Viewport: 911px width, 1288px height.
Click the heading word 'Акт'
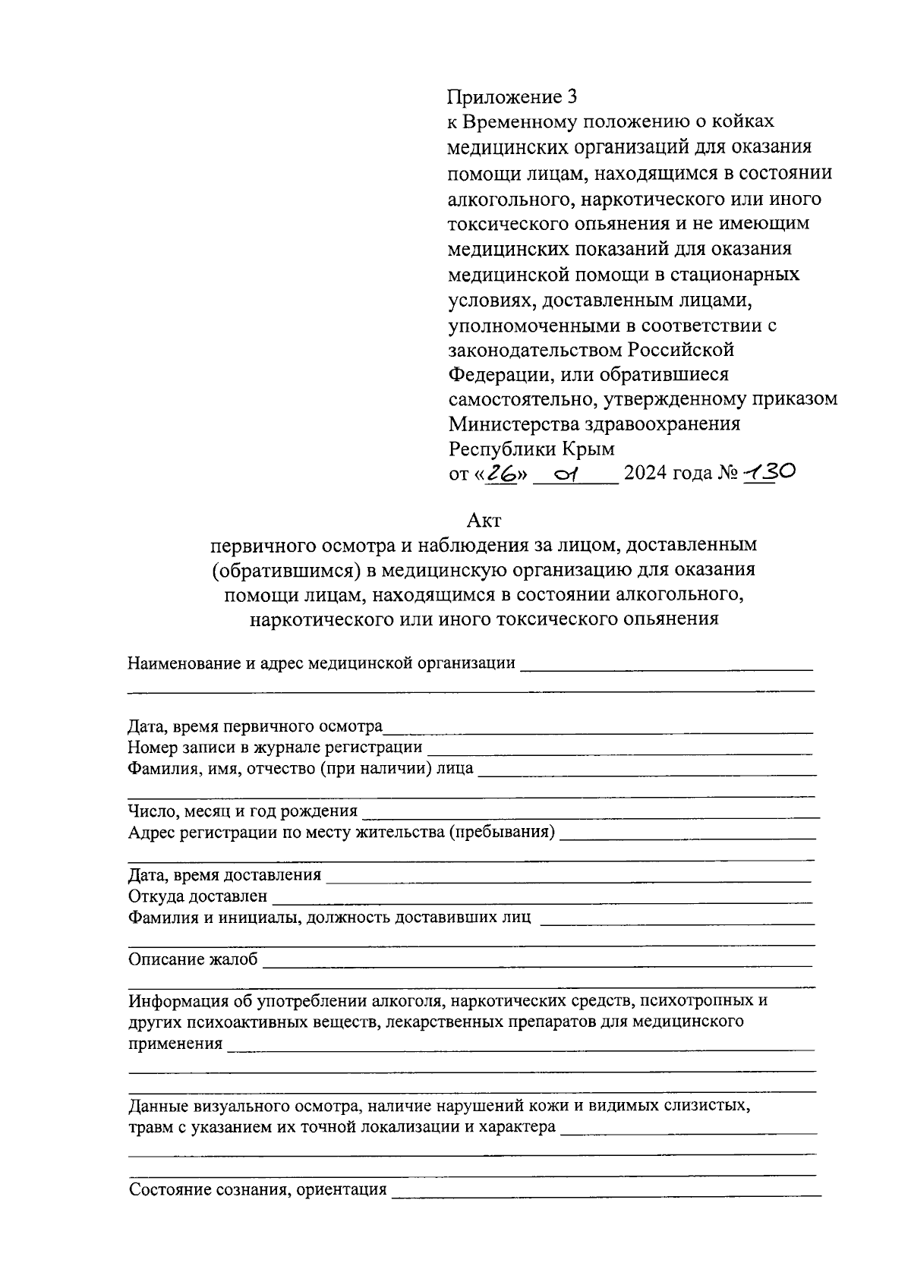coord(483,521)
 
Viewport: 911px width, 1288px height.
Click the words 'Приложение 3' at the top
coord(512,97)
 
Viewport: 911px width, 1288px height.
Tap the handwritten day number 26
coord(501,474)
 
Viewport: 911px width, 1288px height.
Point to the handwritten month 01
coord(566,474)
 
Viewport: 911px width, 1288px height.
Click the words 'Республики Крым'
coord(531,449)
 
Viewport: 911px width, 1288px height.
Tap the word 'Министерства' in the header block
coord(511,424)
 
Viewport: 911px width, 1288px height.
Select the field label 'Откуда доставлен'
coord(197,896)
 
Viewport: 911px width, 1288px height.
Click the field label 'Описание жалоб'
coord(193,959)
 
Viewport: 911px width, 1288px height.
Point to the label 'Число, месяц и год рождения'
coord(242,811)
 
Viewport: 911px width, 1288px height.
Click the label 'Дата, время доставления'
coord(224,875)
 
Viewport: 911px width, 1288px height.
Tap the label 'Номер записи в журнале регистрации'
coord(275,748)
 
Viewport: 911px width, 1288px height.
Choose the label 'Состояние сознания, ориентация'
coord(257,1189)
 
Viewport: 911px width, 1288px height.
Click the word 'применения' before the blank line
coord(175,1044)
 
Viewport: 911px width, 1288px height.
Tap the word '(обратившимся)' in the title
coord(288,569)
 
